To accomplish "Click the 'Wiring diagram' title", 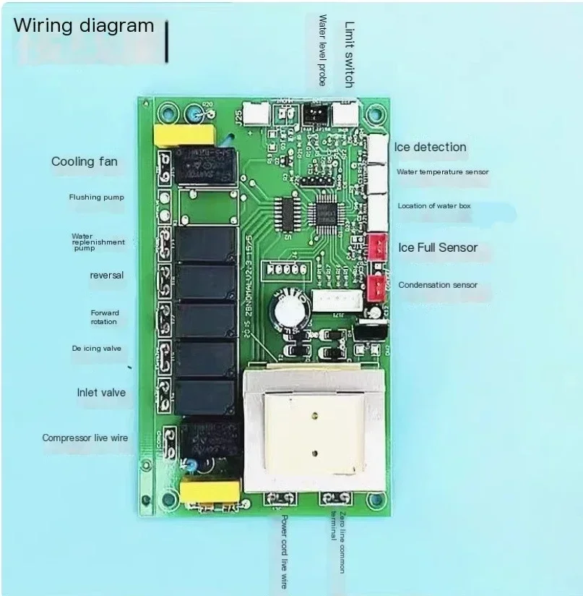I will pos(85,26).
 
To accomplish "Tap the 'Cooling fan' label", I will pos(84,161).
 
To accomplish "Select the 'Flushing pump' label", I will pos(97,197).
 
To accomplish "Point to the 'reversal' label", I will pos(107,275).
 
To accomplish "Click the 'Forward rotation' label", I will pos(104,318).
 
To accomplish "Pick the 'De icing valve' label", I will pos(96,349).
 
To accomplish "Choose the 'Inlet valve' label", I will pos(101,393).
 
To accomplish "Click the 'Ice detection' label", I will pos(430,148).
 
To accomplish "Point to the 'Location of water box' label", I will pos(433,206).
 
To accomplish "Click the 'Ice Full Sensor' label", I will pos(438,247).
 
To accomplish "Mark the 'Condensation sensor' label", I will pos(438,285).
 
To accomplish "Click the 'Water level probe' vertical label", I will pos(322,50).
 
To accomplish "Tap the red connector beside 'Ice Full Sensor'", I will pos(376,247).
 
